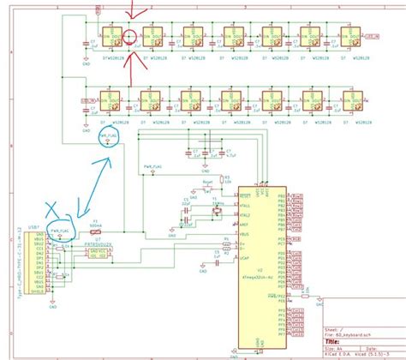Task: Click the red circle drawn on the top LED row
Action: click(x=129, y=37)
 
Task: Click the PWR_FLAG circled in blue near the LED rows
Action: click(x=108, y=136)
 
